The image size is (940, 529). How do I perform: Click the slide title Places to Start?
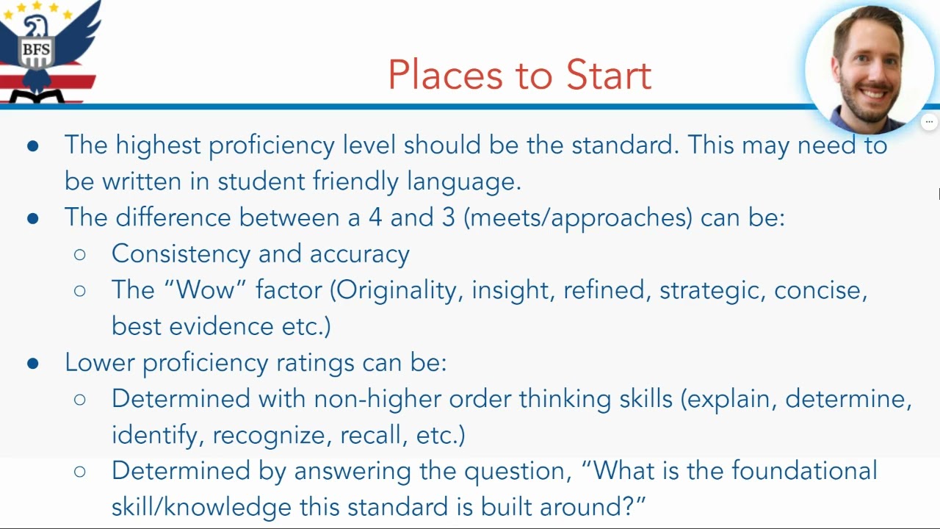point(519,75)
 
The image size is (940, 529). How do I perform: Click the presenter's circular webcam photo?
point(870,68)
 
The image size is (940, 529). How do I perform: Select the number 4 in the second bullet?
point(375,217)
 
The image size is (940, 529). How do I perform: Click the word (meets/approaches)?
point(578,218)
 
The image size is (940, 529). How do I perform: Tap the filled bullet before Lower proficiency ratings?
point(32,363)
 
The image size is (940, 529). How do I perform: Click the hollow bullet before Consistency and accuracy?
point(80,254)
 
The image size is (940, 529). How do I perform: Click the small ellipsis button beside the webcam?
point(929,122)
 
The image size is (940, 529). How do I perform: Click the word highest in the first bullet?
point(158,145)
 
